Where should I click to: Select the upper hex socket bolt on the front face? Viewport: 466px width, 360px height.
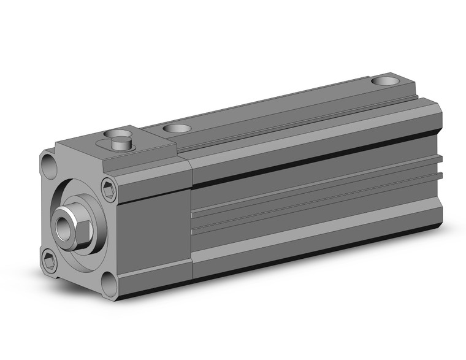click(x=109, y=190)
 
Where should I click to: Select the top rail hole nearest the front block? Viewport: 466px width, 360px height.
click(x=178, y=129)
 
